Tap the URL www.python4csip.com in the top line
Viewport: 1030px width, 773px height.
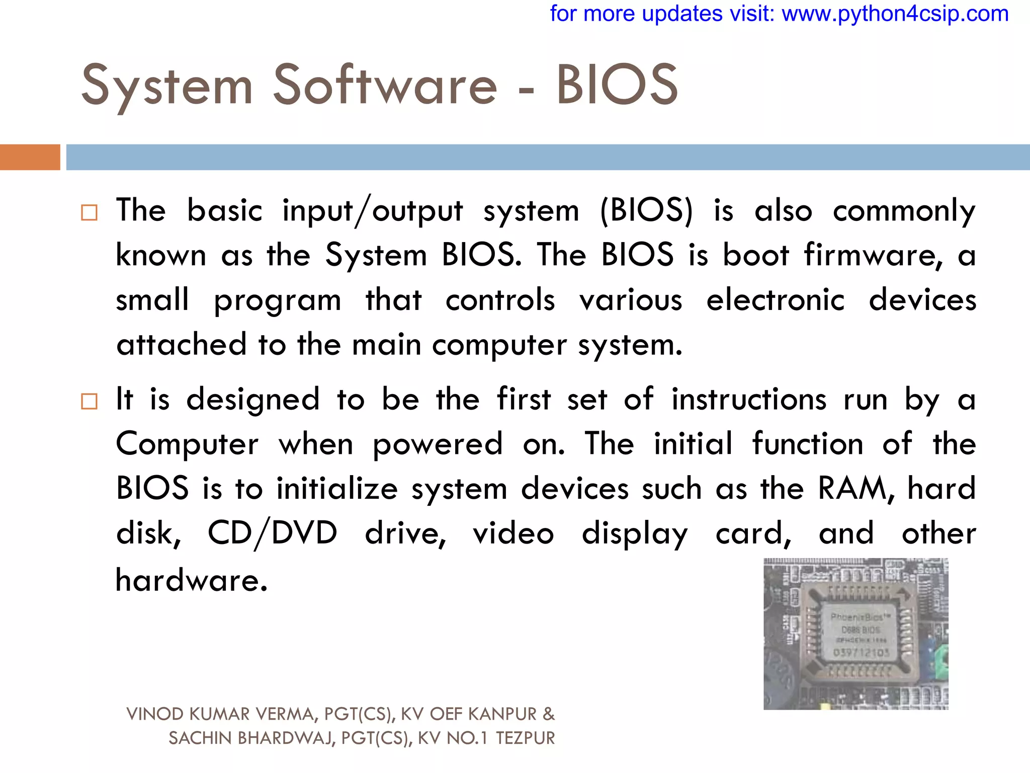[895, 14]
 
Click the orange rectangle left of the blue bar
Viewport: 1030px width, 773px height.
[30, 157]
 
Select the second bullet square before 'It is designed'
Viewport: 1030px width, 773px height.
[89, 402]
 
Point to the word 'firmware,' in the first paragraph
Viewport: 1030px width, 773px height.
[873, 255]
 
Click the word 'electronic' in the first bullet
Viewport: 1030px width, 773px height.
[775, 300]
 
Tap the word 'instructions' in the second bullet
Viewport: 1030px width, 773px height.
[749, 400]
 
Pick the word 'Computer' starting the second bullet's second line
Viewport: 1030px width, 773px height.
[187, 444]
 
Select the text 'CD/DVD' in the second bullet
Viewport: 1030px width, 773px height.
[272, 533]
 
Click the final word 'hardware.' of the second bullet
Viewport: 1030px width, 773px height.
[191, 580]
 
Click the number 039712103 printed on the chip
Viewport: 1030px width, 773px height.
[861, 653]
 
